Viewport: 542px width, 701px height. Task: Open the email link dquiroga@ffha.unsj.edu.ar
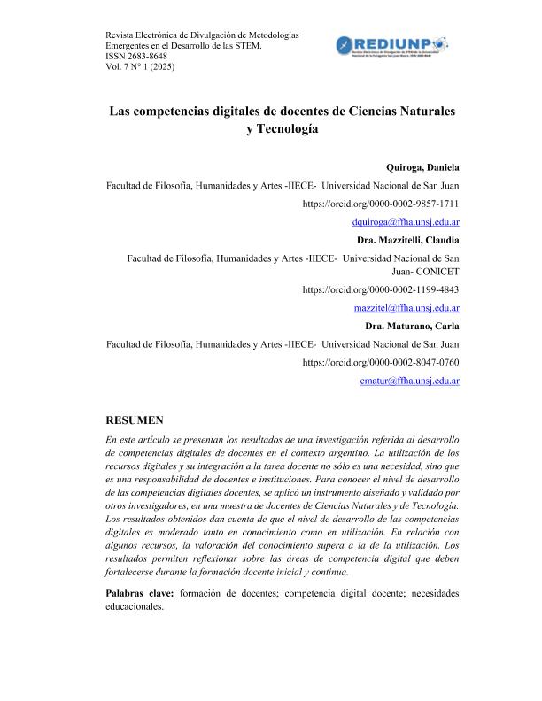tap(405, 223)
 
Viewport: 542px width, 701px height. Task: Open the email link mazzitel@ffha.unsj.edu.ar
tap(405, 308)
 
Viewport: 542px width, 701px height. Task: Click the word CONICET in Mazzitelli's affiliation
tap(431, 271)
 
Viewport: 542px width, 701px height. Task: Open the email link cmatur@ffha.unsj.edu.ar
tap(409, 381)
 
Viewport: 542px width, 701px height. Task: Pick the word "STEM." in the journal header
tap(247, 44)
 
